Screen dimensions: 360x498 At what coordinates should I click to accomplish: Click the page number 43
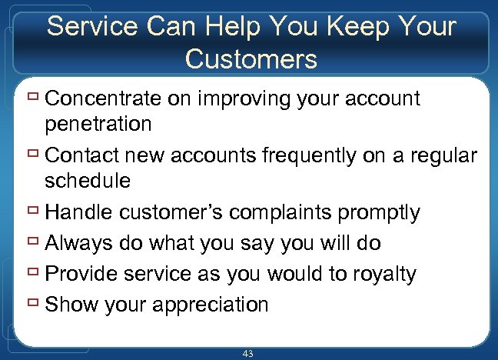coord(247,353)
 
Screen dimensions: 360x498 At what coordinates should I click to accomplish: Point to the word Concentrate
coord(107,98)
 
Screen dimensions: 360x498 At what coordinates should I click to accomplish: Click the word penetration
coord(98,123)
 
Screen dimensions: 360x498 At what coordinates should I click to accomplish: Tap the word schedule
coord(88,181)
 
